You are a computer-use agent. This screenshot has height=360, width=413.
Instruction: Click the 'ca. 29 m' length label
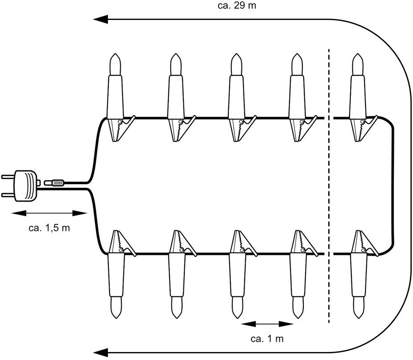(237, 5)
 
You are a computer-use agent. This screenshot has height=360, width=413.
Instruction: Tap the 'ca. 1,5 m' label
(49, 228)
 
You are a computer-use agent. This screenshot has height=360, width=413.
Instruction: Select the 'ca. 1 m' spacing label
(267, 338)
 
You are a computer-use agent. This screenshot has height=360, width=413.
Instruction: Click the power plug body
(25, 186)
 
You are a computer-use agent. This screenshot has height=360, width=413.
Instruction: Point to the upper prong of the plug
(8, 177)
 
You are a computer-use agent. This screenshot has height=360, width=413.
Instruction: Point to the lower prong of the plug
(8, 195)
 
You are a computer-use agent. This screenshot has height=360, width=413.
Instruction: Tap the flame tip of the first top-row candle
(115, 54)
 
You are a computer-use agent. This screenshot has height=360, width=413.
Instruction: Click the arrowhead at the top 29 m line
(101, 20)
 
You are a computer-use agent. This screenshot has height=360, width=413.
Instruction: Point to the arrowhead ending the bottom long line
(101, 352)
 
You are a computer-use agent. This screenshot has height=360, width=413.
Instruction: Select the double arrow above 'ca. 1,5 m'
(49, 213)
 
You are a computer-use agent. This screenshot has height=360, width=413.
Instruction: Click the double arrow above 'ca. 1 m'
(267, 324)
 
